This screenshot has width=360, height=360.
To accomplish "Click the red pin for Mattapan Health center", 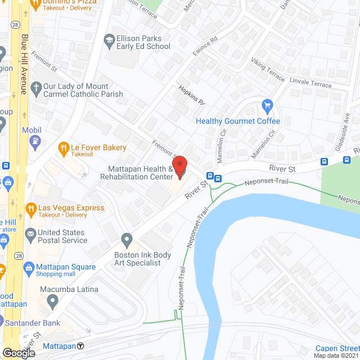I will pos(179,167).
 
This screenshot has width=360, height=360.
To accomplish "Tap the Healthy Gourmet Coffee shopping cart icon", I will pos(268,105).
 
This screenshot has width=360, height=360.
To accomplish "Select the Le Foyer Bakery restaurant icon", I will pos(64,148).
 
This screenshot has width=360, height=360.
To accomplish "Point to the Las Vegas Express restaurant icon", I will pos(31,209).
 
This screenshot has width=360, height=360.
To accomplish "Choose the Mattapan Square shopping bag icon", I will pos(29,268).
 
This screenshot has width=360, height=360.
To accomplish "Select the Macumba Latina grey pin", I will pos(52,301).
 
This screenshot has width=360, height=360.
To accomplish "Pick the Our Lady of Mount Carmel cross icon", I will pos(36,87).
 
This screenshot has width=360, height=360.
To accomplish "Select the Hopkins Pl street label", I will pos(192,96).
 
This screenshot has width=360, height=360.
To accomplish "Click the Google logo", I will pos(19,353).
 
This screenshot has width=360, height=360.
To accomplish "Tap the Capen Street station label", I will pos(337,348).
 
